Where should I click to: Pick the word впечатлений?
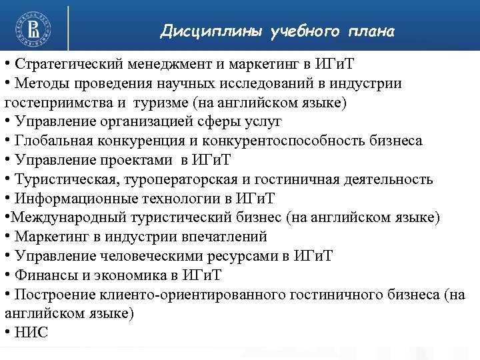point(223,237)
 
